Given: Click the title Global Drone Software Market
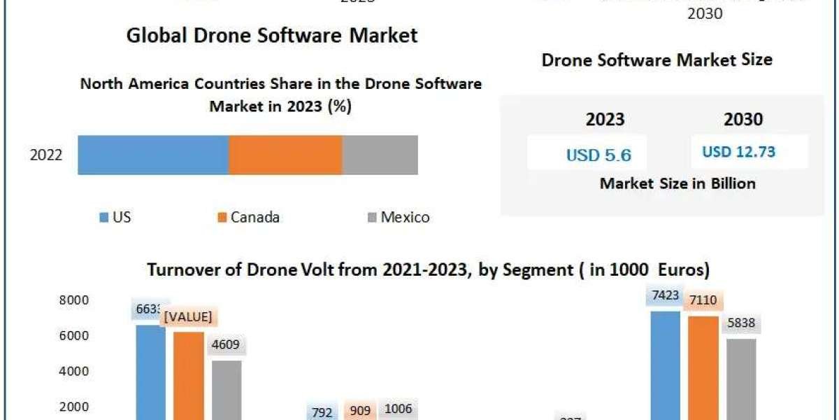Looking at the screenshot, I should (x=272, y=36).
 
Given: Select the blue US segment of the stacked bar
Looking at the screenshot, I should (x=153, y=155).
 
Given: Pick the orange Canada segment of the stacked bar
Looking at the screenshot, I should (x=285, y=155).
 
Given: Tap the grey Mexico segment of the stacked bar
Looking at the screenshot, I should (x=380, y=155).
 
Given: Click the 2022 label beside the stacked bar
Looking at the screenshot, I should (x=46, y=155).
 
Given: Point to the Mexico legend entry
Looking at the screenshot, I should (x=398, y=217).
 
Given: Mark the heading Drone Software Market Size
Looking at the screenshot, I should (x=657, y=59).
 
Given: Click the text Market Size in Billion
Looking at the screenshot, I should (x=677, y=183).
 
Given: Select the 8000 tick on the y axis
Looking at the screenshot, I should (x=73, y=300).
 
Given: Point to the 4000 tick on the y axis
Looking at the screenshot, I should (x=73, y=371).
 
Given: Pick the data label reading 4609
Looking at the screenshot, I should (x=226, y=345).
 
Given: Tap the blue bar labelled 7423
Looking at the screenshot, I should (x=665, y=364).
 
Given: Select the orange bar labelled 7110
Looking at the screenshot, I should (x=703, y=367).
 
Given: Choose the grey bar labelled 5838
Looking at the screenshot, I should (x=741, y=378).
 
